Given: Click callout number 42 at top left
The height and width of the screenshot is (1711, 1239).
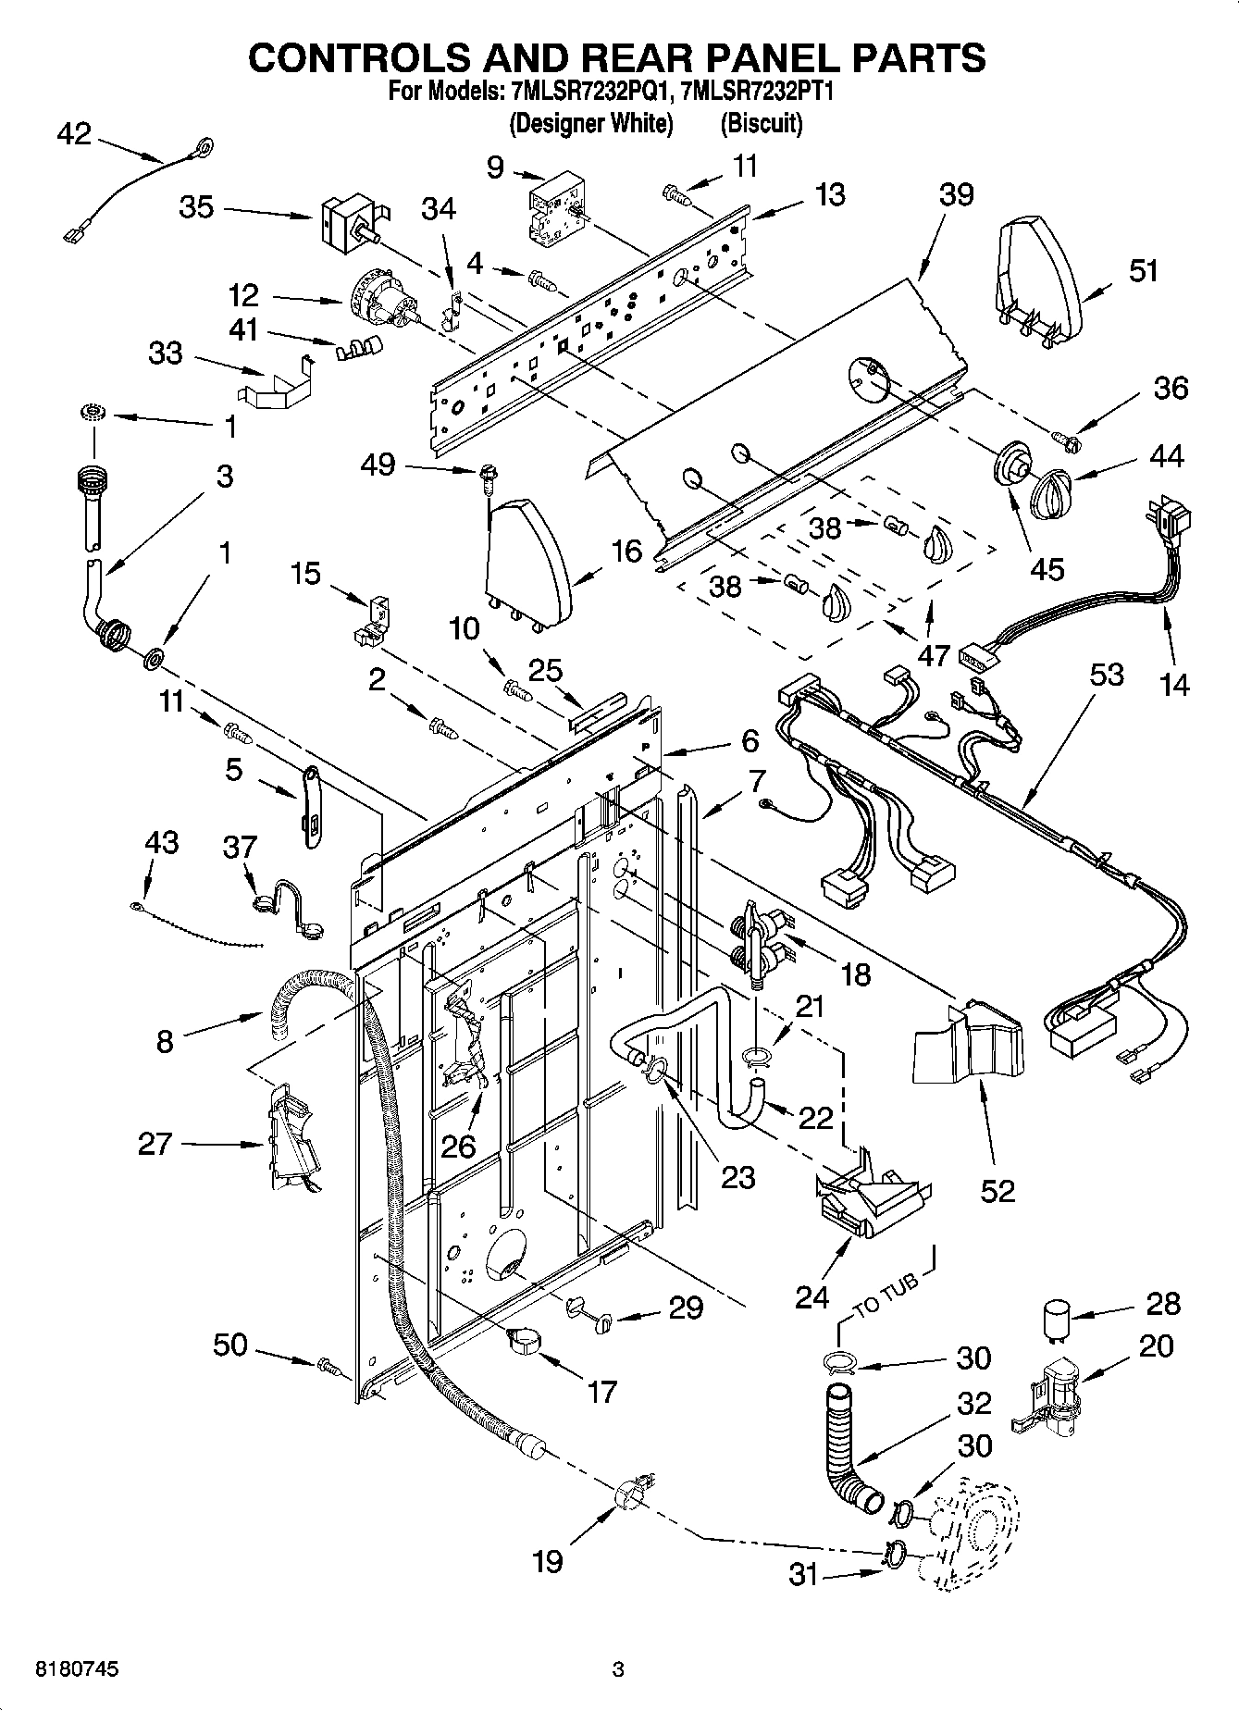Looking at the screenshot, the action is point(74,134).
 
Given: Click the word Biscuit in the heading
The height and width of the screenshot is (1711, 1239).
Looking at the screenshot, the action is point(761,122).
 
